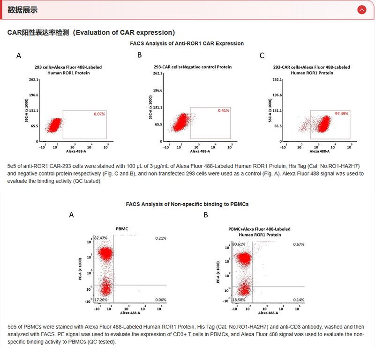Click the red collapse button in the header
[x=361, y=9]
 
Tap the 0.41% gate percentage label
[x=223, y=110]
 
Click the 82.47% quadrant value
[x=101, y=238]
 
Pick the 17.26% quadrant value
[x=101, y=299]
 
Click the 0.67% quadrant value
[x=299, y=244]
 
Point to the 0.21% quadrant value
[x=160, y=238]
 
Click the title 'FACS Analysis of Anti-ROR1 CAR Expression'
[x=187, y=43]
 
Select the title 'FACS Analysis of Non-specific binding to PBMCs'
[x=187, y=204]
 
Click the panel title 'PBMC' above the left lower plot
[x=122, y=229]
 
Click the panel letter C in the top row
[x=262, y=56]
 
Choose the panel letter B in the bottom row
[x=205, y=215]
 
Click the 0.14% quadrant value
[x=299, y=299]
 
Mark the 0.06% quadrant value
[x=160, y=299]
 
